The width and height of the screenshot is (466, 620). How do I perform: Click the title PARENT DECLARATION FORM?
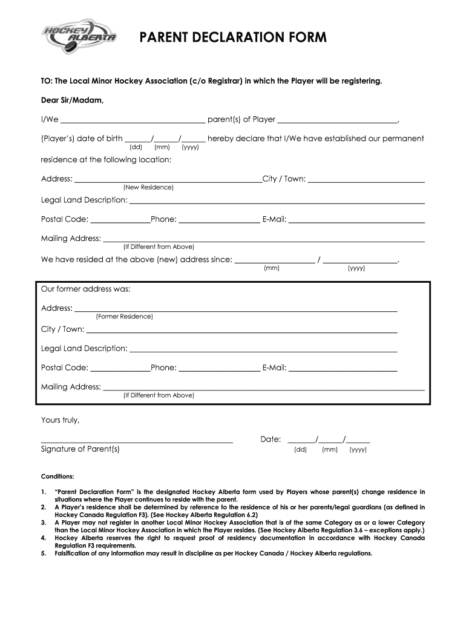[x=233, y=38]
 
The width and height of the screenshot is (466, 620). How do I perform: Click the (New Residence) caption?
[x=148, y=188]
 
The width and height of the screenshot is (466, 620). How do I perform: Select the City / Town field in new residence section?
[x=366, y=180]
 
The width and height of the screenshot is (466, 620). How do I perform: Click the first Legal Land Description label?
[x=84, y=200]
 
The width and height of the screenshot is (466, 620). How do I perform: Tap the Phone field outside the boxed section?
[x=219, y=220]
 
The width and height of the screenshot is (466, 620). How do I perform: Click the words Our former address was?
[x=85, y=289]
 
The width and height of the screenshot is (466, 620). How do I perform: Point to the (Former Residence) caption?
[x=124, y=317]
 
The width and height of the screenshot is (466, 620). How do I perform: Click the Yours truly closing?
[x=60, y=420]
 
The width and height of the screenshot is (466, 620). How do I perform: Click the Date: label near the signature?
[x=271, y=439]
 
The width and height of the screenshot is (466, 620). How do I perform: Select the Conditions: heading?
[x=57, y=476]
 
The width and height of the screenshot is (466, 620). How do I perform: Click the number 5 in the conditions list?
[x=43, y=553]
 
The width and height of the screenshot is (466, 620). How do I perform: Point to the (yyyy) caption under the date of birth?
[x=190, y=147]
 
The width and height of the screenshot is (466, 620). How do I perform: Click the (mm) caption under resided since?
[x=271, y=268]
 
